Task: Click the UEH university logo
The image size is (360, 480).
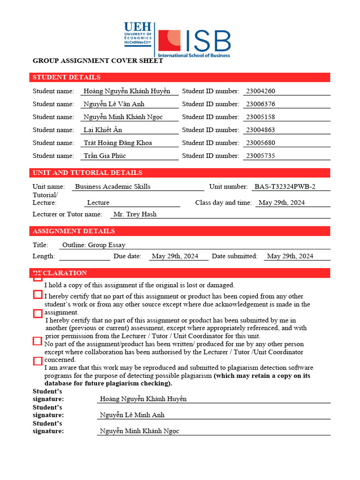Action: tap(138, 34)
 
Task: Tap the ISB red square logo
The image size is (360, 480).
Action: tap(169, 41)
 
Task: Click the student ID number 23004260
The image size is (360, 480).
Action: tap(261, 91)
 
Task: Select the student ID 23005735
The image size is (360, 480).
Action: tap(261, 156)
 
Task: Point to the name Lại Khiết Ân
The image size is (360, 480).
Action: tap(103, 130)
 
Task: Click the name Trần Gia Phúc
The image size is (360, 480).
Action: tap(105, 156)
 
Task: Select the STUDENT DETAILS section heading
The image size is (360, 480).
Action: tap(67, 77)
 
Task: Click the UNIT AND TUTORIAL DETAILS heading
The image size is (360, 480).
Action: tap(87, 173)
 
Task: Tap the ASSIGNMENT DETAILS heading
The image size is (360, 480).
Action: tap(74, 231)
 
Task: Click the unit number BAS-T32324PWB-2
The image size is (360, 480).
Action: tap(285, 187)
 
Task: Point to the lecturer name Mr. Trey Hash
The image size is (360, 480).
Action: tap(135, 214)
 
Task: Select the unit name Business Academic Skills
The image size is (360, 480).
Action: tap(112, 187)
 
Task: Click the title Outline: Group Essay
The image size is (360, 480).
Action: tap(94, 245)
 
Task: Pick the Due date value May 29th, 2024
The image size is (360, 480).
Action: tap(175, 256)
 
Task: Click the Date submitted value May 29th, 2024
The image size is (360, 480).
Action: tap(290, 256)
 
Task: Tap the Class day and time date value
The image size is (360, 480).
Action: tap(282, 203)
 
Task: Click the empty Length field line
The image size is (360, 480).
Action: tap(84, 256)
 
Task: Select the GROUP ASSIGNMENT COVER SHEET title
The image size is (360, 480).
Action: tap(97, 61)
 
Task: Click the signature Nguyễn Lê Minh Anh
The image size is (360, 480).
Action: tap(132, 415)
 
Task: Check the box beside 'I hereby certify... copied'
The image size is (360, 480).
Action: tap(38, 295)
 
